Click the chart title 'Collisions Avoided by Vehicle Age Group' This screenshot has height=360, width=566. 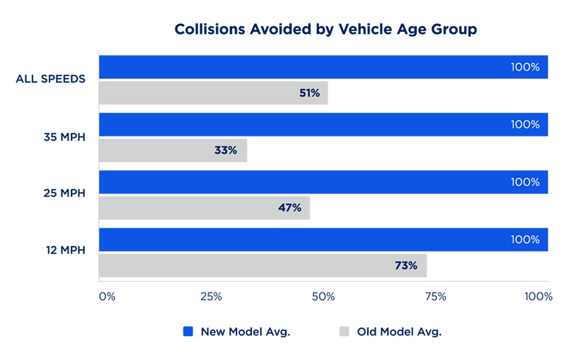[325, 30]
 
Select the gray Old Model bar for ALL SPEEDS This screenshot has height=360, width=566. [213, 93]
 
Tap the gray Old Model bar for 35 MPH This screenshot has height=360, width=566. [173, 151]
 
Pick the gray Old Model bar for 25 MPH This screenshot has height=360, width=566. [204, 208]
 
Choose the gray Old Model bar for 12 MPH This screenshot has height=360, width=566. [262, 265]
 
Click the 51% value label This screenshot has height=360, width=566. [310, 93]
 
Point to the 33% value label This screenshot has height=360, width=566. [226, 151]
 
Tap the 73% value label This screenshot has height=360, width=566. [406, 265]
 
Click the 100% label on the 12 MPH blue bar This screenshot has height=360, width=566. [525, 240]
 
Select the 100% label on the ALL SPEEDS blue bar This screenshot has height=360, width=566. [525, 68]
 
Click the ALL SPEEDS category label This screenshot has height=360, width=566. [51, 79]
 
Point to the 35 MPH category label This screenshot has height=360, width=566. [63, 137]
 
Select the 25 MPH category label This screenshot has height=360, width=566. [63, 194]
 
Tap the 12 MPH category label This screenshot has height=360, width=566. [64, 251]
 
